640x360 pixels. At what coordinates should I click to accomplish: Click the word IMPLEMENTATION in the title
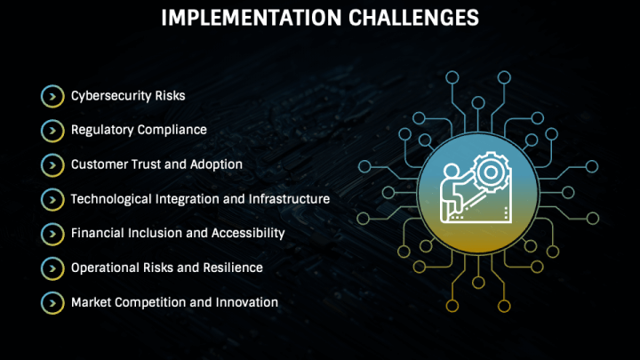[x=251, y=18]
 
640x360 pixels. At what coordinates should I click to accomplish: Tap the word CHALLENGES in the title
[x=413, y=18]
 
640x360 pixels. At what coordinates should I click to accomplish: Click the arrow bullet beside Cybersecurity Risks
[x=52, y=96]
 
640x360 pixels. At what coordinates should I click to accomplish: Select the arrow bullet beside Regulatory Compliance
[x=52, y=131]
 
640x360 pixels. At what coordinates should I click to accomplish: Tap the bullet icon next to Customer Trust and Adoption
[x=52, y=165]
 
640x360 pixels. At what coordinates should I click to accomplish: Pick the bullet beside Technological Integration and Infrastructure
[x=52, y=200]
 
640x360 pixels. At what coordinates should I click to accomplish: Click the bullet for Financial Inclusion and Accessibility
[x=52, y=234]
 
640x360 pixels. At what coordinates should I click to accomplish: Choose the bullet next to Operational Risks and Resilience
[x=52, y=268]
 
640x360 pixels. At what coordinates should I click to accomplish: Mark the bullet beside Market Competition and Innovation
[x=52, y=303]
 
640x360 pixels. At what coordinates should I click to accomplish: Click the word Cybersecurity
[x=111, y=96]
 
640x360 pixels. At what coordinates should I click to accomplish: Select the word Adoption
[x=216, y=165]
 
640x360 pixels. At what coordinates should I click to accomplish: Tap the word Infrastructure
[x=289, y=199]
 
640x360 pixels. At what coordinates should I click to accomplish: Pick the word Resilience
[x=233, y=268]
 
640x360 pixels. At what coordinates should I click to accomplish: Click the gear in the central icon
[x=491, y=172]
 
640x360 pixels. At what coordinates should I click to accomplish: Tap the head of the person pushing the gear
[x=452, y=170]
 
